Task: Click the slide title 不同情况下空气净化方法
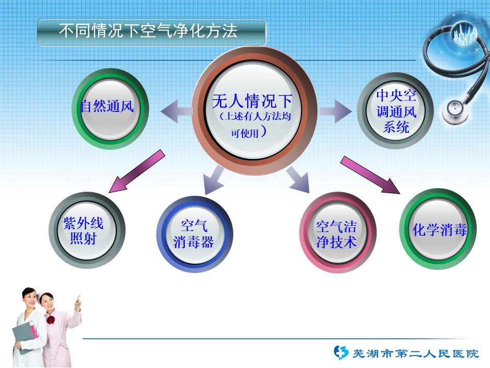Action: pyautogui.click(x=148, y=31)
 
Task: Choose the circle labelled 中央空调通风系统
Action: pyautogui.click(x=395, y=110)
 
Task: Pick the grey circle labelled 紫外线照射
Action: pyautogui.click(x=87, y=231)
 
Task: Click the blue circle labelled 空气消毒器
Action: pyautogui.click(x=194, y=234)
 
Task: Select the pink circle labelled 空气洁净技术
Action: pyautogui.click(x=337, y=233)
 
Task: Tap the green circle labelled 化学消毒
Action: pyautogui.click(x=438, y=229)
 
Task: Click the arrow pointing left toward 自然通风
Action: pyautogui.click(x=177, y=111)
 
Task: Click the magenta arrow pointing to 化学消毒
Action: pyautogui.click(x=370, y=175)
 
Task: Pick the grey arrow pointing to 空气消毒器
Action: pyautogui.click(x=213, y=179)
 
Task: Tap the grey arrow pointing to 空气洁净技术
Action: pyautogui.click(x=298, y=179)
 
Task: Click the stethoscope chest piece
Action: pyautogui.click(x=455, y=110)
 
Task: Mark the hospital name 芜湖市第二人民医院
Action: pyautogui.click(x=416, y=354)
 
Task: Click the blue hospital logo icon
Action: pyautogui.click(x=340, y=353)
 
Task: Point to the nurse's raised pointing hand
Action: pyautogui.click(x=78, y=302)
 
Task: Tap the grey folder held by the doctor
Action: pyautogui.click(x=24, y=335)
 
